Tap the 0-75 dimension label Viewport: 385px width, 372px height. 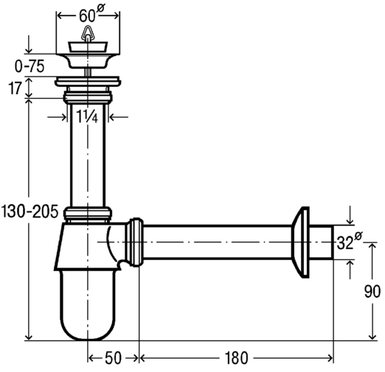pyautogui.click(x=30, y=66)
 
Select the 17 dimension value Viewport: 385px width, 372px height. pyautogui.click(x=15, y=88)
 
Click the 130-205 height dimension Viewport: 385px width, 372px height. pyautogui.click(x=30, y=211)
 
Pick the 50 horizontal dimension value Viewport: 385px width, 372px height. pyautogui.click(x=113, y=358)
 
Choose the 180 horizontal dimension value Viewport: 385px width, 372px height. pyautogui.click(x=236, y=358)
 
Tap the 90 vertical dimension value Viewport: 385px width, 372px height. pyautogui.click(x=372, y=292)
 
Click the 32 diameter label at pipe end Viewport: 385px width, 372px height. pyautogui.click(x=349, y=242)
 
